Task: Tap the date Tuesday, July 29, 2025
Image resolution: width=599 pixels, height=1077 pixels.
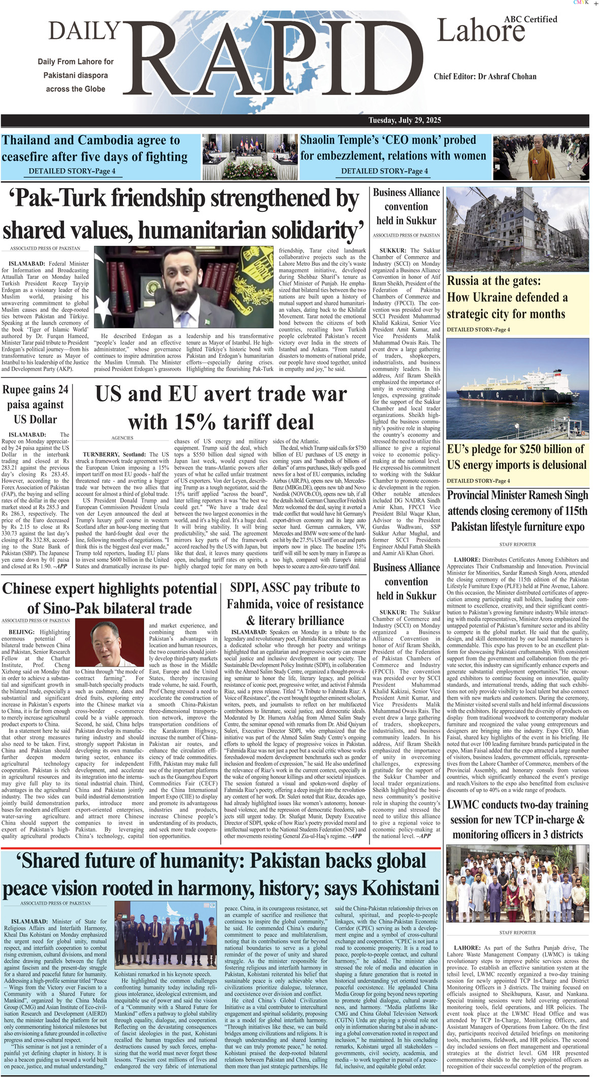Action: click(405, 120)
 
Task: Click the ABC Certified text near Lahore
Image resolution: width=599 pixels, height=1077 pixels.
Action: click(530, 19)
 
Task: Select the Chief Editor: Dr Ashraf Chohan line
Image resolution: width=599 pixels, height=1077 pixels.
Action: click(485, 76)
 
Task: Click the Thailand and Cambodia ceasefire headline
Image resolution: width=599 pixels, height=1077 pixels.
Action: click(94, 148)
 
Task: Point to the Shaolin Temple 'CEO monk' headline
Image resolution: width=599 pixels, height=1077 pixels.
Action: click(393, 148)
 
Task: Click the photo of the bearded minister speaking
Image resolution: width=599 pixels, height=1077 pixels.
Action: click(186, 287)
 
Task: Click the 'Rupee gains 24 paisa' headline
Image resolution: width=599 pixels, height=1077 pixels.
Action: click(35, 404)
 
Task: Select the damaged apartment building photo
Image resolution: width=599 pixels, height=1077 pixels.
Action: click(517, 229)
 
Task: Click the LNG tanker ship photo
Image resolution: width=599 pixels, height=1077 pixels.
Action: click(517, 388)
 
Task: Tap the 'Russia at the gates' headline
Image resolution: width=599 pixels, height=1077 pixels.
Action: click(507, 297)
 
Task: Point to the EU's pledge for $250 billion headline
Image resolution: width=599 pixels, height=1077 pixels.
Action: click(516, 457)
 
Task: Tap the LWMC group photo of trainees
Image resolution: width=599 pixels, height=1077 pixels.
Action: click(517, 884)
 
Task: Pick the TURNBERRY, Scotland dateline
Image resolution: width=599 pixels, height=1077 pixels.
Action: click(115, 454)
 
